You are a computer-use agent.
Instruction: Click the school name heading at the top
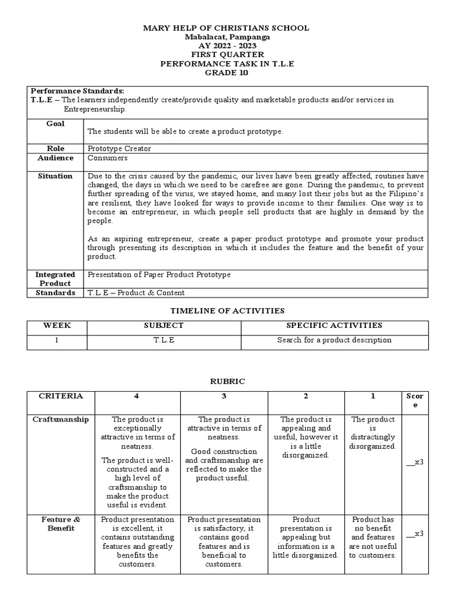point(227,28)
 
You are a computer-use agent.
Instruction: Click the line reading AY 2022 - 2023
point(227,46)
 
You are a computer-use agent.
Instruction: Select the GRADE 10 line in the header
point(227,72)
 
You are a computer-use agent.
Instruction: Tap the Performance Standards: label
point(78,91)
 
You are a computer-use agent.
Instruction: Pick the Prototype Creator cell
point(118,149)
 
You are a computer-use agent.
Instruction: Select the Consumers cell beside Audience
point(107,158)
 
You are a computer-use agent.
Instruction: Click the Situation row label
point(56,176)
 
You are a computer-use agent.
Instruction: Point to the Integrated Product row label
point(56,279)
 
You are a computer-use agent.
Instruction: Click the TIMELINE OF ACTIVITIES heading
point(227,311)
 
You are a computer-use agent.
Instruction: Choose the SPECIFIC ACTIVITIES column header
point(334,325)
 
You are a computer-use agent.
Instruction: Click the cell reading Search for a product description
point(334,340)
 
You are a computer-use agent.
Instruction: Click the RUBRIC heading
point(227,382)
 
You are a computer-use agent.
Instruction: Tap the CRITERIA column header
point(60,396)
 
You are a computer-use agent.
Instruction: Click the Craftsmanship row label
point(60,419)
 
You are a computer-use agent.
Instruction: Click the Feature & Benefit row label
point(60,524)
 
